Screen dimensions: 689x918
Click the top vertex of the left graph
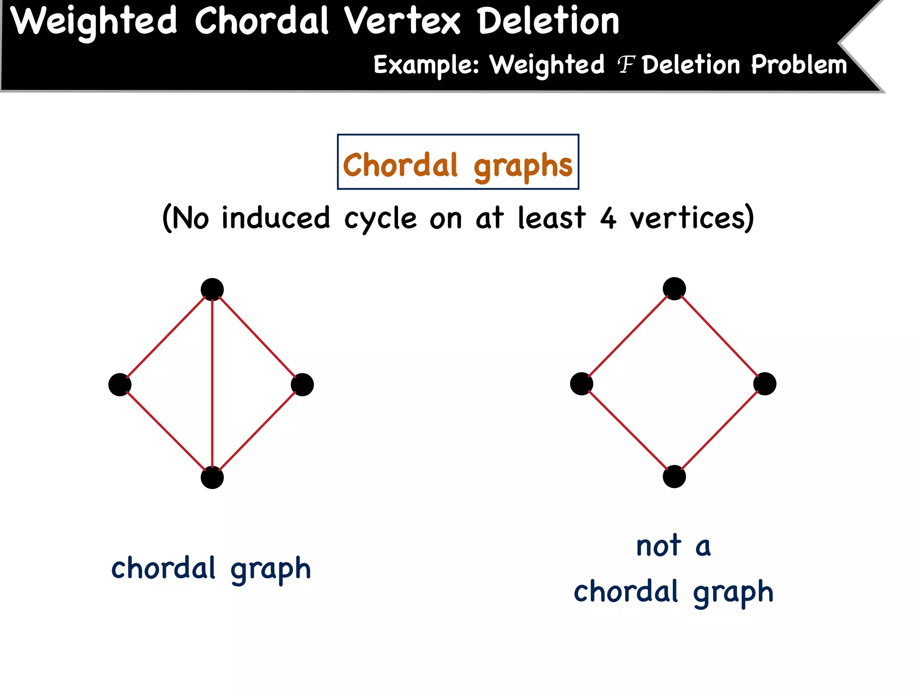point(212,289)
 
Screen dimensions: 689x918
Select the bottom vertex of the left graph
point(212,477)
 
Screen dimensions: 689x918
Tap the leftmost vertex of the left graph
point(120,384)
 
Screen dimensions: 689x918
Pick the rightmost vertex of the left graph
point(302,384)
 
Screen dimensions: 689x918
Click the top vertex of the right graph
point(674,288)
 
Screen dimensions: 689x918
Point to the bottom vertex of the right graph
point(674,476)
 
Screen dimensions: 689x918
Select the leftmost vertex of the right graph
point(581,384)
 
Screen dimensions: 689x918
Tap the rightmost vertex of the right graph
point(765,384)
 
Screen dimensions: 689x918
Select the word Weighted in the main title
point(94,22)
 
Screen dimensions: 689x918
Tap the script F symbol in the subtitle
point(626,65)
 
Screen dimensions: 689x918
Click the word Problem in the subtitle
point(799,65)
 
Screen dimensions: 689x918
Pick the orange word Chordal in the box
point(400,165)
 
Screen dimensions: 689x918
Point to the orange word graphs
point(523,166)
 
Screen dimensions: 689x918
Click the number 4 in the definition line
point(608,218)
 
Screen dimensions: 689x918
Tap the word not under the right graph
point(658,546)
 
